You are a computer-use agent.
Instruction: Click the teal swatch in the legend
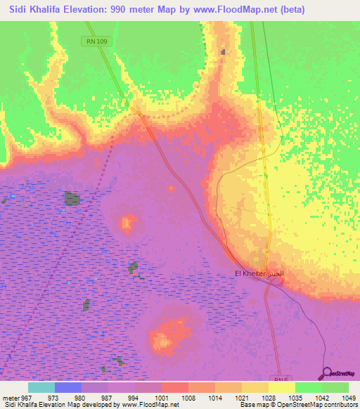pyautogui.click(x=41, y=387)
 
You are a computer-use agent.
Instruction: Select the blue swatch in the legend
pyautogui.click(x=67, y=387)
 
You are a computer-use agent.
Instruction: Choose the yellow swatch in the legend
pyautogui.click(x=281, y=387)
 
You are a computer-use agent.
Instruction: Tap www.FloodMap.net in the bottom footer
pyautogui.click(x=150, y=405)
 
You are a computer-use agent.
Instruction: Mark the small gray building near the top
pyautogui.click(x=224, y=51)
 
